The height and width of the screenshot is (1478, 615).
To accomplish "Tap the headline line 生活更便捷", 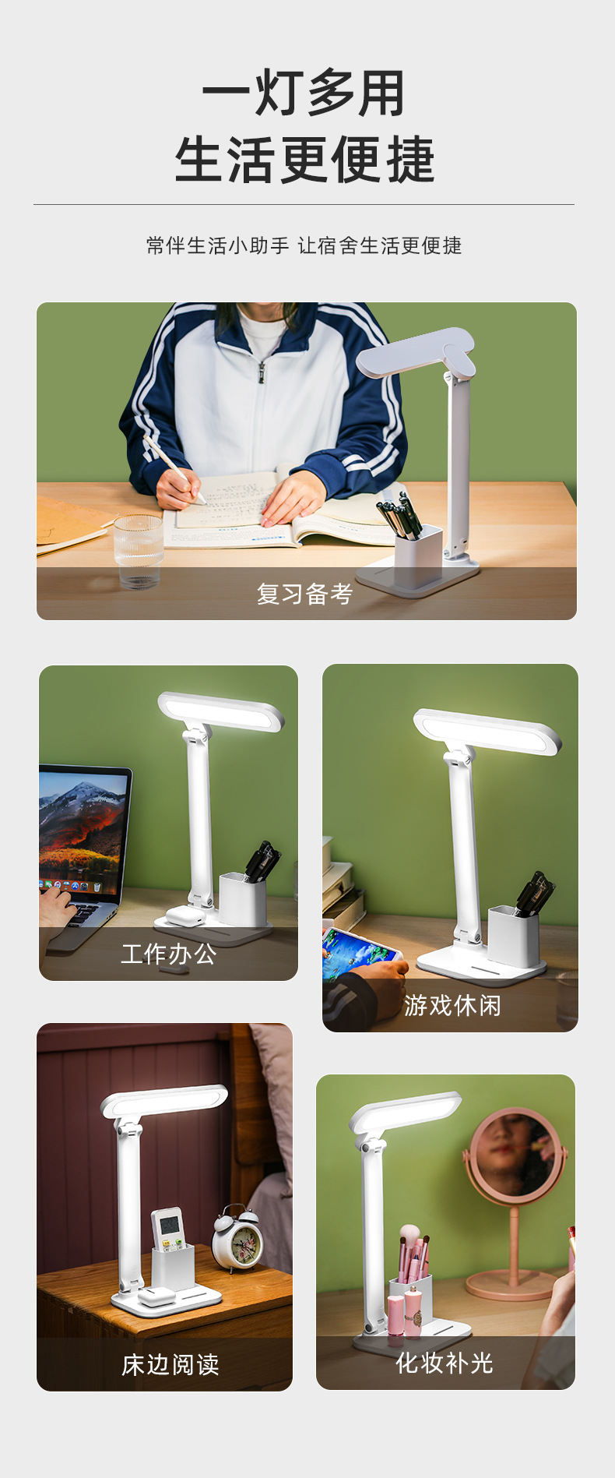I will pos(304,160).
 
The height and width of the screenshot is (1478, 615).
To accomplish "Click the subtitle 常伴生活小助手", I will pos(218,246).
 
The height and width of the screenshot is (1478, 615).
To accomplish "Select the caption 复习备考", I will pos(305,594).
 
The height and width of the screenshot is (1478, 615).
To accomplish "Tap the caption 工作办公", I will pos(169,954).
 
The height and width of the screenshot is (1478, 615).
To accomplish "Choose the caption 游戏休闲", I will pos(452,1005).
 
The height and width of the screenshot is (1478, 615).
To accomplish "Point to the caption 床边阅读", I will pos(170,1364).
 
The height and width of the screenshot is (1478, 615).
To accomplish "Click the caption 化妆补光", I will pos(445,1363).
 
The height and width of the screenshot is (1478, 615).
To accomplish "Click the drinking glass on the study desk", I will pos(139,550).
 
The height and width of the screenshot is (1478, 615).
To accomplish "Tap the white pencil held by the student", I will pos(173,467).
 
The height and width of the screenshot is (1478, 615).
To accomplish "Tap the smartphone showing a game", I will pos(360,951).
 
